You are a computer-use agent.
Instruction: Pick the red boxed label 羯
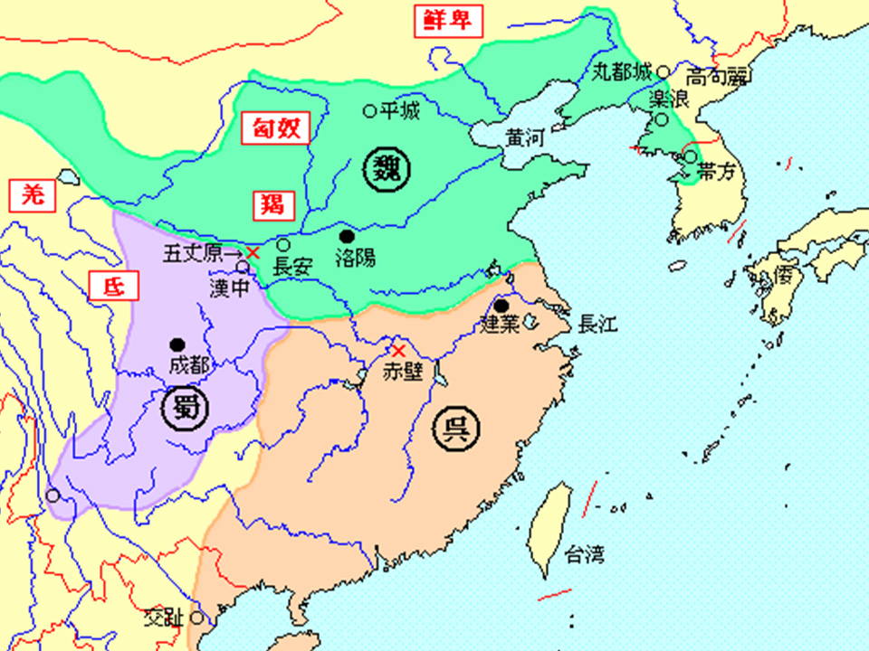[272, 203]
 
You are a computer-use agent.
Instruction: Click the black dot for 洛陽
[346, 235]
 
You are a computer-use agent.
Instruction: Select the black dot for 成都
[177, 344]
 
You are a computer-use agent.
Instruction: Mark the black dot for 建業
[501, 305]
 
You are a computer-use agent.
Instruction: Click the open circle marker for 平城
[369, 111]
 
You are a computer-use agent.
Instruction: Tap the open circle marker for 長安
[283, 245]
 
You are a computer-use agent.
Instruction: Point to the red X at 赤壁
[396, 350]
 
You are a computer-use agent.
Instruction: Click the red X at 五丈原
[253, 253]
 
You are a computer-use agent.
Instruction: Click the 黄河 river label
[525, 137]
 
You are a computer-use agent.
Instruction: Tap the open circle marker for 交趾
[196, 619]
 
